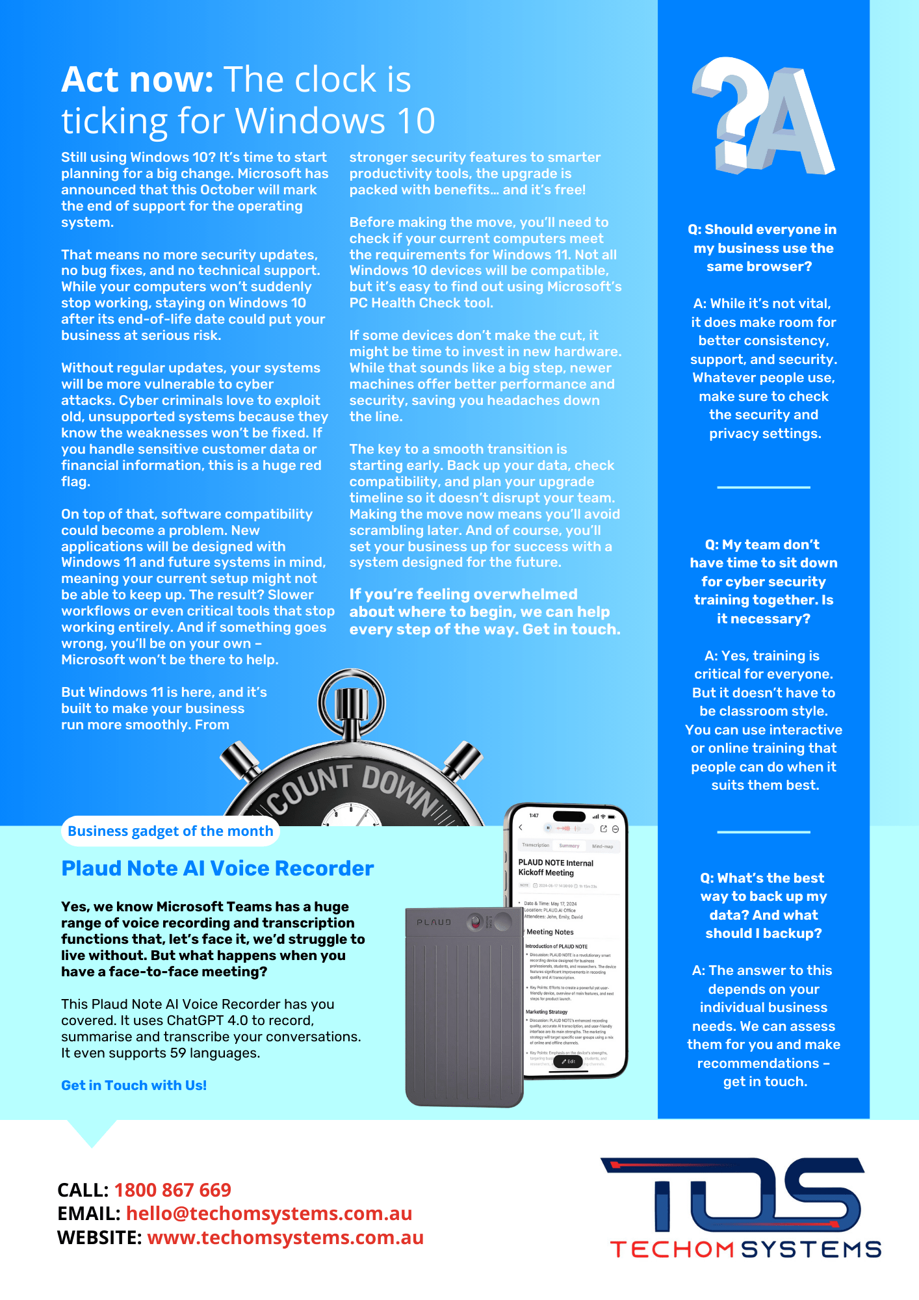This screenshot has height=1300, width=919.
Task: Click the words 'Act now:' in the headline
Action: point(137,80)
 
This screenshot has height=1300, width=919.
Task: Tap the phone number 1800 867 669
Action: point(173,1189)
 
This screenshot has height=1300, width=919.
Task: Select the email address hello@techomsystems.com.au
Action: point(269,1214)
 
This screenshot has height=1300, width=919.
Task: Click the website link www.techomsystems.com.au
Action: point(285,1238)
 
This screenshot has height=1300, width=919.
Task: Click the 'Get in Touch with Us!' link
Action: point(134,1085)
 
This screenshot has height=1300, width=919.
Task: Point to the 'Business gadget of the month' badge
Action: point(170,831)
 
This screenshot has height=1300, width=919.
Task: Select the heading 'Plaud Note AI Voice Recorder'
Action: point(218,868)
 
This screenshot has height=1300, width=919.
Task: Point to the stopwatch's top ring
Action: point(352,703)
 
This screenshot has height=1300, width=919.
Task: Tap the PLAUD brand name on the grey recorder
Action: point(434,922)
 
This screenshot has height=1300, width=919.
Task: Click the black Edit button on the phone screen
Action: point(568,1061)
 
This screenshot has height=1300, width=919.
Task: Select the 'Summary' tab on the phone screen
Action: point(569,846)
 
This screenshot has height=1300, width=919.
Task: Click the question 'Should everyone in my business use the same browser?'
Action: point(762,248)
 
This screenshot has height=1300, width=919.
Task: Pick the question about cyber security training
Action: point(763,581)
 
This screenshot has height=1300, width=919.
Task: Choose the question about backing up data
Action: point(763,905)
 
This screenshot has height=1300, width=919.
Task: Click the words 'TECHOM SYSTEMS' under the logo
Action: point(745,1249)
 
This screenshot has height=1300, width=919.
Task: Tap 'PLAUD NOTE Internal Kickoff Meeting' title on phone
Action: point(556,868)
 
